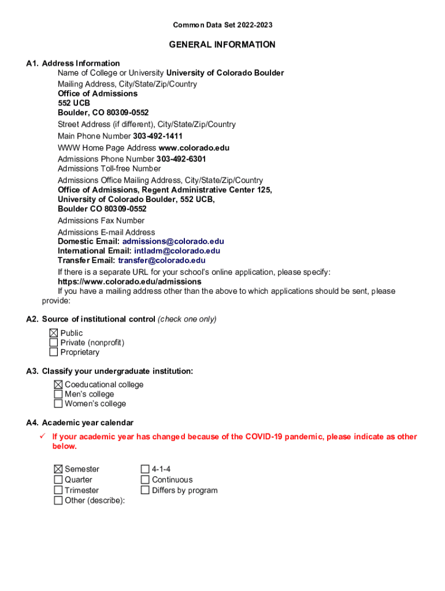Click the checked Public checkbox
[54, 333]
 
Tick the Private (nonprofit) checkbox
[54, 343]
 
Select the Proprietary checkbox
[54, 352]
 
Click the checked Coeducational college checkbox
[58, 385]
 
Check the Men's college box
[58, 394]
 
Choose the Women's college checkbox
[58, 404]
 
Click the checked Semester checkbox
[58, 470]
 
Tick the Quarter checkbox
[58, 480]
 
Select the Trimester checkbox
[58, 490]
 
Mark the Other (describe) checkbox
[58, 500]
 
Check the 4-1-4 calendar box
[145, 470]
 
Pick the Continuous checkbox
[145, 480]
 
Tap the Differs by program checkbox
[145, 490]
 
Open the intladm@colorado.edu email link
[177, 251]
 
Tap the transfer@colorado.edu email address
[161, 260]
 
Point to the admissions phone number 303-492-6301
[181, 159]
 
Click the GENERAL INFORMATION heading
[222, 44]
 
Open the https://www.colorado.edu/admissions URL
[129, 282]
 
